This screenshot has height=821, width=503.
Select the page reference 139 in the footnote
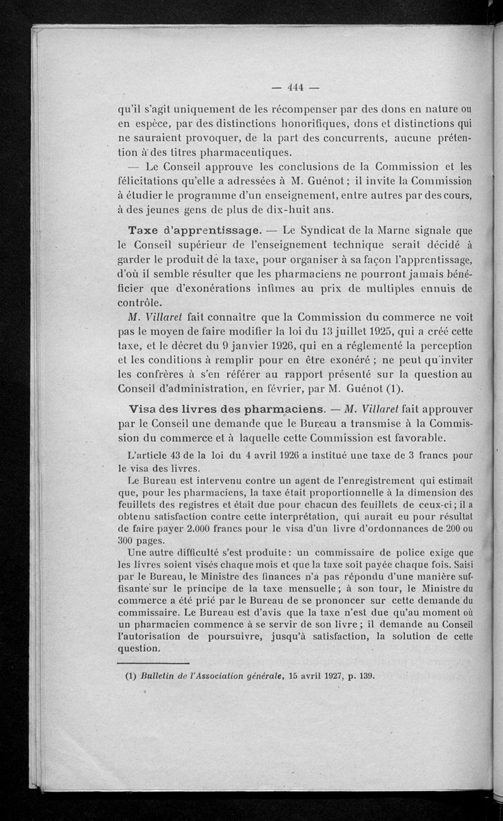click(365, 678)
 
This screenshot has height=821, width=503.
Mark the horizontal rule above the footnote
click(153, 662)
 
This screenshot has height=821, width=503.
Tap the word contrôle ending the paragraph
click(139, 302)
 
